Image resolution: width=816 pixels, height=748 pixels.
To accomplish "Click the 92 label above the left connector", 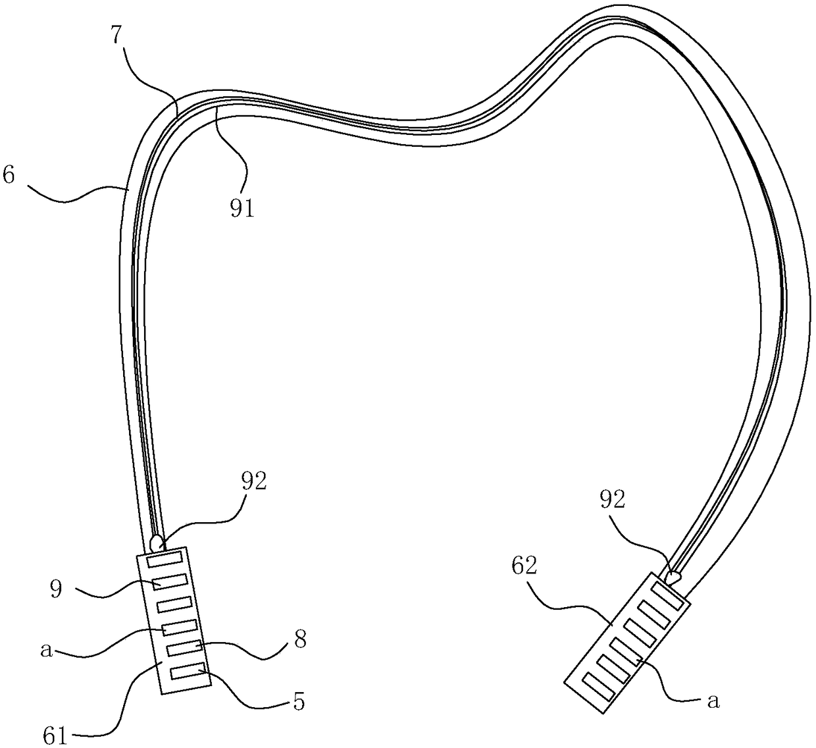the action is point(254,482).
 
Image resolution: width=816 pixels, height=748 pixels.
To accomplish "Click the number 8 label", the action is point(299,639).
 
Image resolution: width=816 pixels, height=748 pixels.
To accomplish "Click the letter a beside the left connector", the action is point(45,650).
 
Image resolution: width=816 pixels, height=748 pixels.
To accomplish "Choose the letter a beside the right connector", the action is point(712,702).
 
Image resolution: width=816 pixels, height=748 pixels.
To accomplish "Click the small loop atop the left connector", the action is point(157,543).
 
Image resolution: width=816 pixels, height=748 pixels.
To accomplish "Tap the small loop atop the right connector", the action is point(673,578).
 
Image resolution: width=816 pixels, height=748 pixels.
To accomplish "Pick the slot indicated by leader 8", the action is point(185,649).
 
